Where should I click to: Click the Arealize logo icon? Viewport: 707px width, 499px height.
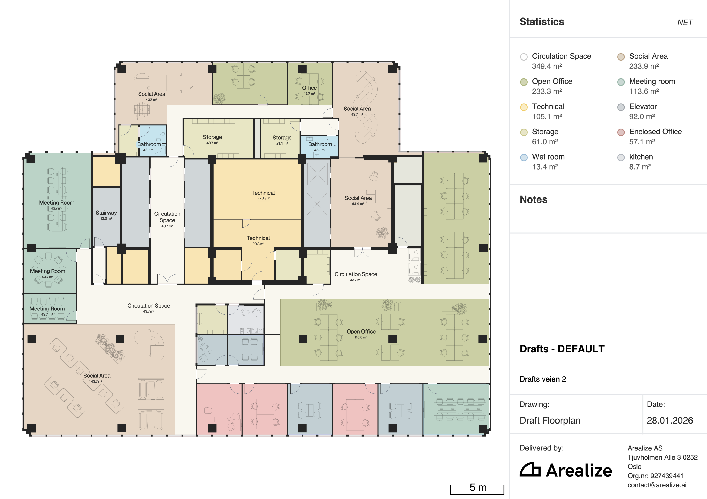tap(530, 470)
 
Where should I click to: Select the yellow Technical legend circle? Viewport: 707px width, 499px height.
tap(524, 107)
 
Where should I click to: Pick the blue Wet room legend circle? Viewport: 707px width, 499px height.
tap(524, 157)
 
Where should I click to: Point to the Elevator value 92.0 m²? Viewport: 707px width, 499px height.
tap(642, 116)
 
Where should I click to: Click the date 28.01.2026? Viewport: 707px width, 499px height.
tap(670, 420)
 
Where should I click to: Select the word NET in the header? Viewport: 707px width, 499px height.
tap(685, 23)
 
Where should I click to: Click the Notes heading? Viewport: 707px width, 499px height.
tap(534, 199)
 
